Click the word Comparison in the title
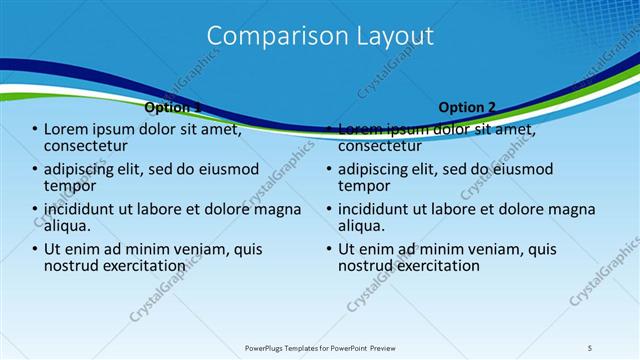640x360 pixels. point(268,36)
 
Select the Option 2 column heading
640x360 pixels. point(467,107)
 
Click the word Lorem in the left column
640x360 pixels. point(66,129)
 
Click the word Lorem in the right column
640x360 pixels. point(361,129)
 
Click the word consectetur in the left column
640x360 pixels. point(91,146)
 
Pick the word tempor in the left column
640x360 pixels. point(69,186)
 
